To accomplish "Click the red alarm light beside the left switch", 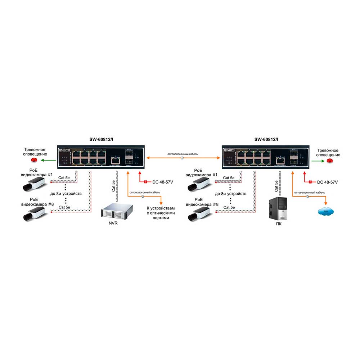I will point(35,160).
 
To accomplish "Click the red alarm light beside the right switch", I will point(330,160).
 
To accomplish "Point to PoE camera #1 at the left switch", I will point(33,184).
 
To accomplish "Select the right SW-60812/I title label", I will point(266,140).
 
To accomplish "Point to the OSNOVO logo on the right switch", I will point(229,150).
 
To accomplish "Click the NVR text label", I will point(113,223).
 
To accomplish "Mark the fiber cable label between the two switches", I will point(183,154).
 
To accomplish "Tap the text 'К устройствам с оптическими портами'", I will point(161,213).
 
